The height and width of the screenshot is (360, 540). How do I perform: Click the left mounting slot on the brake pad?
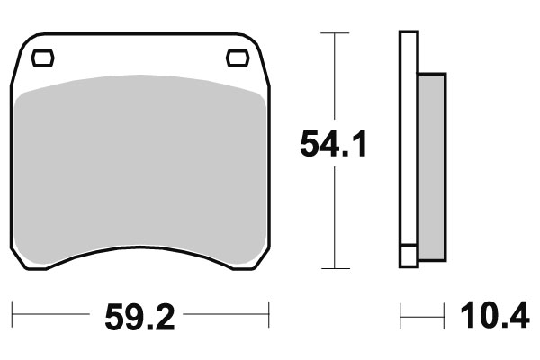coord(42,59)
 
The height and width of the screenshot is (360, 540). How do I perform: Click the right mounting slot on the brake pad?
coord(238,59)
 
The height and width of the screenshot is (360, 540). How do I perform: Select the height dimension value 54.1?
coord(334,145)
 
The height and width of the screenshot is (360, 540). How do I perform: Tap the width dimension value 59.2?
coord(139,316)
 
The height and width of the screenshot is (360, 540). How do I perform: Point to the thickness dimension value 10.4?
coord(494,316)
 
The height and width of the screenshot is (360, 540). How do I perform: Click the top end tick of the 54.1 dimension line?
coord(335,33)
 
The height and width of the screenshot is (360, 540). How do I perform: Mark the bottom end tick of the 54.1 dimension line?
coord(335,268)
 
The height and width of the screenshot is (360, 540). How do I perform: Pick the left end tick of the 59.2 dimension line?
coord(13,316)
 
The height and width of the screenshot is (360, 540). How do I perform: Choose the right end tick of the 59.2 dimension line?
coord(270,316)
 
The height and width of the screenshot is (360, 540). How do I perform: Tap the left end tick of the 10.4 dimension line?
coord(401,316)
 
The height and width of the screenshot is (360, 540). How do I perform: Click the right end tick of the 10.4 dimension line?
coord(445,316)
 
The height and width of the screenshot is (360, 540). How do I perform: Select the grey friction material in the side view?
coord(431,162)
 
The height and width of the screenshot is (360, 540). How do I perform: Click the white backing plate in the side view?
coord(409,135)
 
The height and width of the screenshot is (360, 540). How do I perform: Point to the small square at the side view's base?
coord(409,256)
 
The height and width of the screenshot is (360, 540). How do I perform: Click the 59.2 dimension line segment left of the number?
coord(54,316)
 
